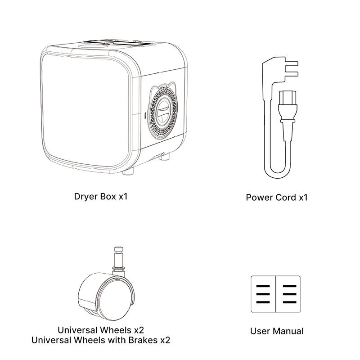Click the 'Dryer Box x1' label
pos(100,197)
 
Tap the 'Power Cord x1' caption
pos(277,198)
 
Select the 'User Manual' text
pos(277,331)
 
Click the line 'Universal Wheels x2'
pos(101,330)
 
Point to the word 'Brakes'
pos(143,340)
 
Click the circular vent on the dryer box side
pos(163,112)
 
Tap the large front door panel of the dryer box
pos(85,110)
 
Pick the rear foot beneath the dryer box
pos(164,157)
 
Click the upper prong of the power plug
pos(291,63)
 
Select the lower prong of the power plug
pos(291,74)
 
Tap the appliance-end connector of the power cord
pos(288,115)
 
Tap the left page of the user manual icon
pos(263,294)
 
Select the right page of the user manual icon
pos(288,294)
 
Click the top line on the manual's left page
pos(263,286)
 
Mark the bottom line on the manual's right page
pos(289,302)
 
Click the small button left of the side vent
pos(145,116)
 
